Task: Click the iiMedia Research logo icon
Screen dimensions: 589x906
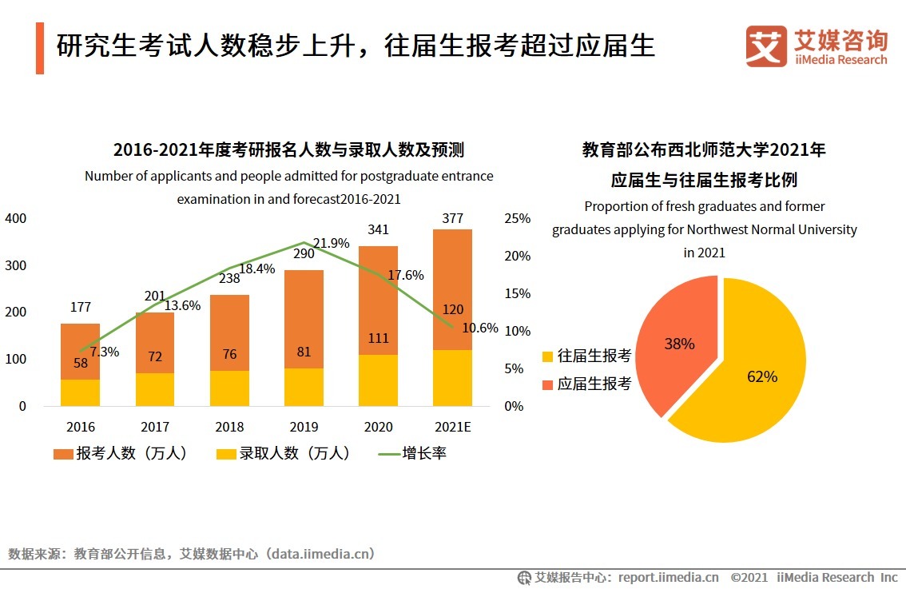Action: (765, 46)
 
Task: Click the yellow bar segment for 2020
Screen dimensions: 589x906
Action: (379, 381)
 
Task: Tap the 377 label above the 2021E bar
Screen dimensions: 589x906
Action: (452, 218)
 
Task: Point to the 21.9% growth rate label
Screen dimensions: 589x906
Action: (331, 243)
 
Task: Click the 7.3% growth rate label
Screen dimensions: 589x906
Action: (104, 352)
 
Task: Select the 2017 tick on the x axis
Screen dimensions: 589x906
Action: (155, 427)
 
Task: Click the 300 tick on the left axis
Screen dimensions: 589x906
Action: (16, 265)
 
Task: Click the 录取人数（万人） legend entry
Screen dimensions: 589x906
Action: (284, 453)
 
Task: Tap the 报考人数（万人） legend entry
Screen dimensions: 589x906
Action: (121, 453)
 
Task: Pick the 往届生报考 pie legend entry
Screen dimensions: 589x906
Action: (587, 356)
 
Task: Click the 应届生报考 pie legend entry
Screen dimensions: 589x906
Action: (587, 384)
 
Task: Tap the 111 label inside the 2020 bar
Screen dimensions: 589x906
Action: (379, 338)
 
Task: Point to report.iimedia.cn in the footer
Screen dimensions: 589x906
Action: (668, 577)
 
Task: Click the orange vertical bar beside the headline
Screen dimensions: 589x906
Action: (40, 49)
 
